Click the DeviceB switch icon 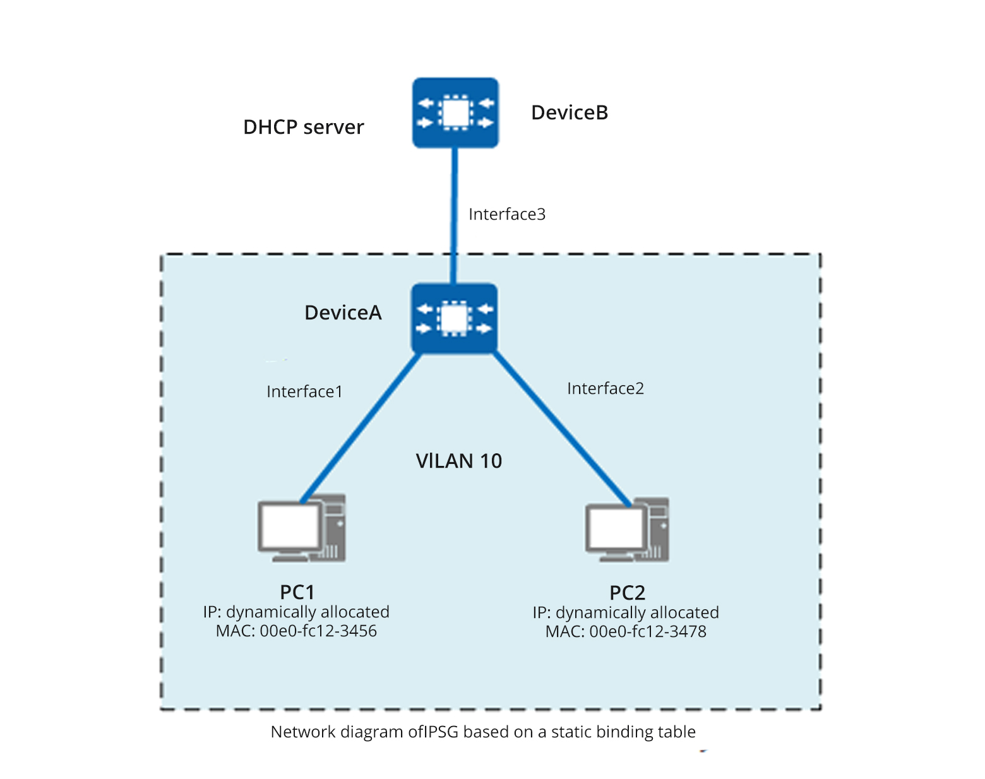(x=455, y=113)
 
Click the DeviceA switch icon (x=454, y=318)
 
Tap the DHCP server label (x=303, y=128)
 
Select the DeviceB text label (x=570, y=113)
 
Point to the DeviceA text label (x=343, y=313)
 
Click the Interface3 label (x=506, y=215)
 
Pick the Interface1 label (x=304, y=392)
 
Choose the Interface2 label (x=605, y=389)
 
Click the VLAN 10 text (x=459, y=461)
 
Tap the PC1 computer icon (x=301, y=528)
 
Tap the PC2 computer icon (x=627, y=530)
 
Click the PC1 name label (x=297, y=592)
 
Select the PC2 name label (x=627, y=593)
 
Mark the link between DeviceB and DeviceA (x=453, y=215)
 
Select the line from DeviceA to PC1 (x=360, y=429)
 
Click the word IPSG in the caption (x=441, y=732)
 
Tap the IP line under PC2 (x=625, y=613)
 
